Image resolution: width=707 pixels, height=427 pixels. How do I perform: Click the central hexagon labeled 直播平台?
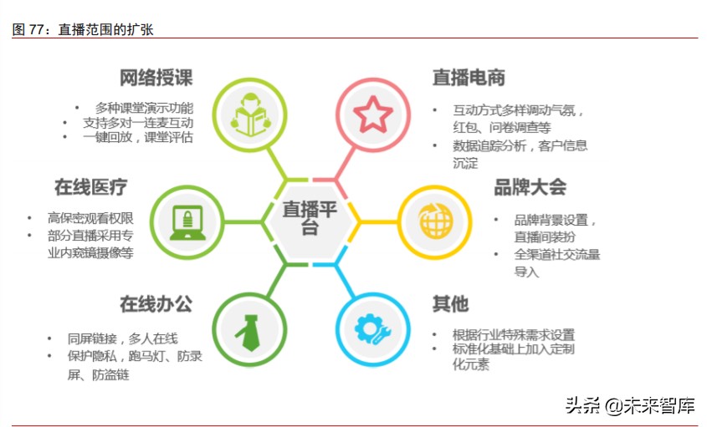point(310,218)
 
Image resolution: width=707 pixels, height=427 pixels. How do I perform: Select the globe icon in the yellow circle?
point(429,220)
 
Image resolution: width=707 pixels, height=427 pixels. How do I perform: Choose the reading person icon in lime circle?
point(246,115)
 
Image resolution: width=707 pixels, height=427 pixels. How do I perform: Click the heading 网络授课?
point(156,79)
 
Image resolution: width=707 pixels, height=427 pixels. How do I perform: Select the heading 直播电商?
point(469,78)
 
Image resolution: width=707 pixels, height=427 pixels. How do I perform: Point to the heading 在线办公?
point(156,302)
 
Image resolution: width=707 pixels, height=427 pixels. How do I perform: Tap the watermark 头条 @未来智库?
point(630,406)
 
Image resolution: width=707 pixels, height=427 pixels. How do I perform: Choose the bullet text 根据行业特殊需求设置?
point(514,334)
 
